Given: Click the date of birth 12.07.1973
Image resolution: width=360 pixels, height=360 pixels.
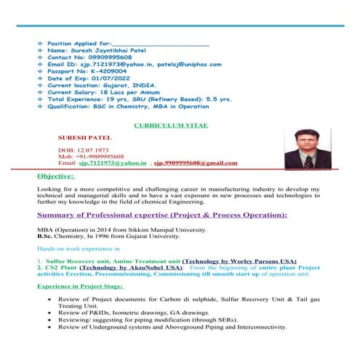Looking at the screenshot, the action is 90,149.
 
